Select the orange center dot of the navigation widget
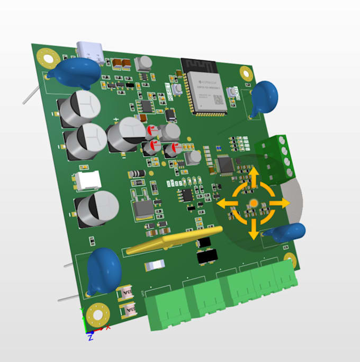254,203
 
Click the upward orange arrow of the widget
254,177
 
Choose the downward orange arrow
254,230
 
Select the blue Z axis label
91,337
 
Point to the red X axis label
108,328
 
